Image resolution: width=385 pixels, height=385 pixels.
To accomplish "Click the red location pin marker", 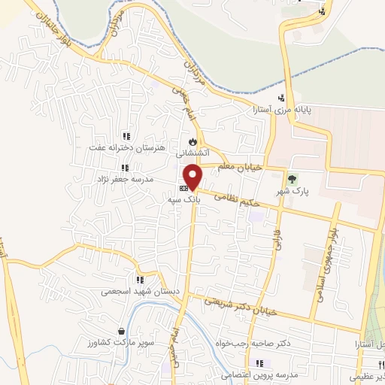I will (x=194, y=176).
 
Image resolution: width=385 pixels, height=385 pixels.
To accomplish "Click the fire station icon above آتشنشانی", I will (x=193, y=141).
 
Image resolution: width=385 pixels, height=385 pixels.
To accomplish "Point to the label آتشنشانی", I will (x=192, y=153).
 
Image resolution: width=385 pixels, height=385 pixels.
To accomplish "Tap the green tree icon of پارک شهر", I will (x=293, y=178).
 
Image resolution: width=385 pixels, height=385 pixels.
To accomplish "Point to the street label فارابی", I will (x=277, y=238).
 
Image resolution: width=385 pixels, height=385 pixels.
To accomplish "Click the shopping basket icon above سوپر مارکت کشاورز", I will (x=122, y=330).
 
